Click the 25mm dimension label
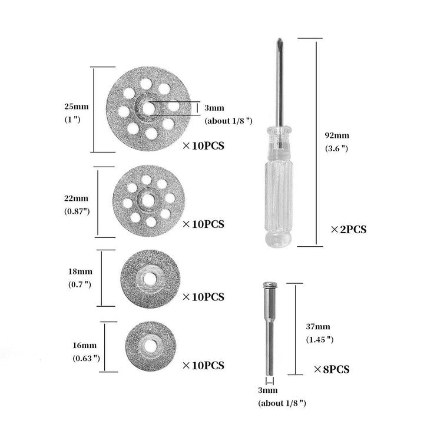coord(77,106)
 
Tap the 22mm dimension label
coord(76,198)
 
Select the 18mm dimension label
coord(80,271)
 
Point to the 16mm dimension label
coord(85,345)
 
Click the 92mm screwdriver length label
coord(337,135)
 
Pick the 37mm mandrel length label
coord(318,327)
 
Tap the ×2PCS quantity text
coord(349,230)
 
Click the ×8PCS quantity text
coord(332,369)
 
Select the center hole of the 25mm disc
coord(148,108)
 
